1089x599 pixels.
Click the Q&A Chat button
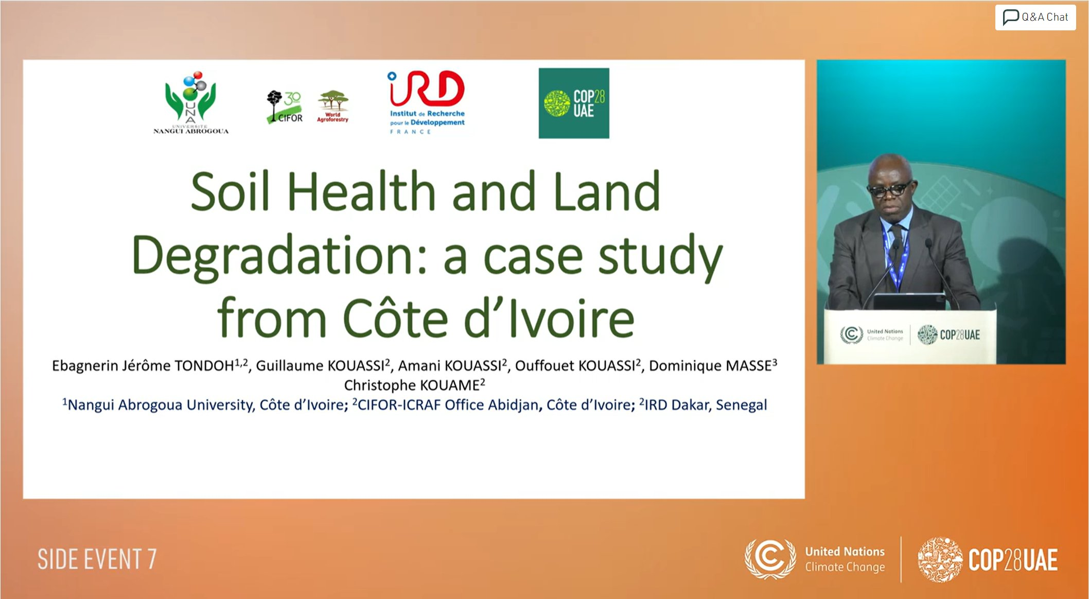click(x=1035, y=17)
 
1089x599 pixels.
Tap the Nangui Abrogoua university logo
click(x=191, y=102)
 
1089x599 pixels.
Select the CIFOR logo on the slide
click(x=285, y=107)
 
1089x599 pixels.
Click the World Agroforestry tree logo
click(x=333, y=107)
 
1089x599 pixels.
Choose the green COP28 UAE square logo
click(x=574, y=103)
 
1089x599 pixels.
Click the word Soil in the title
click(x=230, y=191)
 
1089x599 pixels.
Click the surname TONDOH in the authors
click(x=204, y=365)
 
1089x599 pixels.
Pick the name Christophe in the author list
click(x=380, y=385)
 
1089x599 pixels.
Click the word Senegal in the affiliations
click(x=741, y=405)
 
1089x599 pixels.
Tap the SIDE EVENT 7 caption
click(x=97, y=559)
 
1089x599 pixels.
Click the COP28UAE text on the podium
click(x=960, y=335)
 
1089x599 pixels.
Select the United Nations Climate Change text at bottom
click(x=845, y=559)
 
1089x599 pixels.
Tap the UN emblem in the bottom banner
click(x=770, y=559)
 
